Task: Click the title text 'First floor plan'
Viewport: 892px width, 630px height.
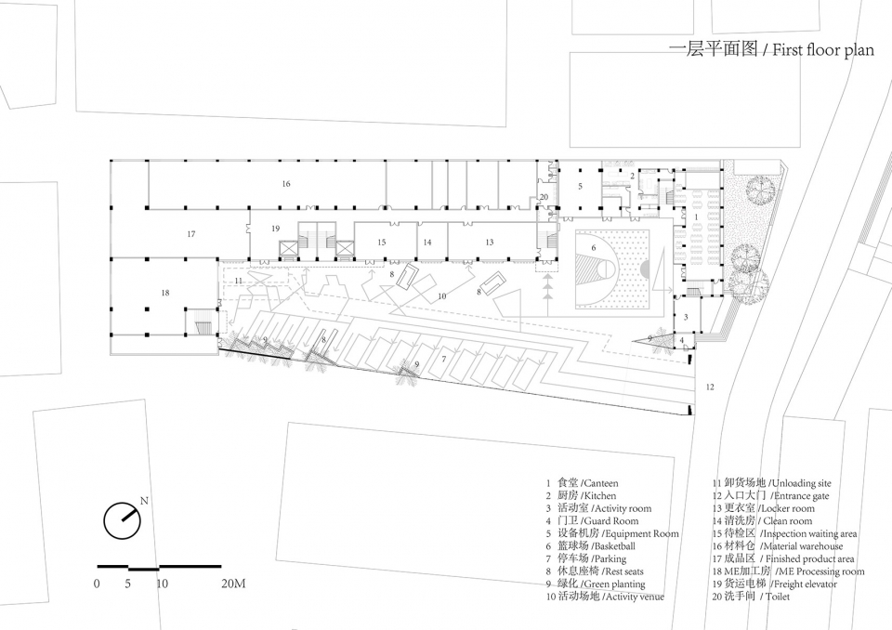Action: coord(822,50)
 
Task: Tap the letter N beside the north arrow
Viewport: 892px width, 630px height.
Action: coord(144,502)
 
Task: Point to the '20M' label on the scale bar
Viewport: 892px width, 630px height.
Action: coord(233,584)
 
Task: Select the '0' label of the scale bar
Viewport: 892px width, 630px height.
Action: coord(97,584)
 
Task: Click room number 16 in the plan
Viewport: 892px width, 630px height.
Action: coord(286,183)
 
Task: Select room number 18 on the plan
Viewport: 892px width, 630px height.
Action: coord(165,293)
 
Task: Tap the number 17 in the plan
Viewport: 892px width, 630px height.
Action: coord(191,234)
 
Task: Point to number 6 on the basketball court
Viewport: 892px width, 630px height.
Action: coord(594,247)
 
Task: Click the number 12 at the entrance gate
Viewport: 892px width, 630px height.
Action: coord(710,387)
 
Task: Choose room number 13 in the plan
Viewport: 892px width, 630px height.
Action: coord(490,243)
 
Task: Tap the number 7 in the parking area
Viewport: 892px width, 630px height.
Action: coord(444,359)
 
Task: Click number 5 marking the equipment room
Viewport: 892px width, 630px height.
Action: coord(580,186)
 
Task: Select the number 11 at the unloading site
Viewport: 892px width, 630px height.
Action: coord(239,281)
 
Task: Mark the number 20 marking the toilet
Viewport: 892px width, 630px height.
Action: coord(544,197)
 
